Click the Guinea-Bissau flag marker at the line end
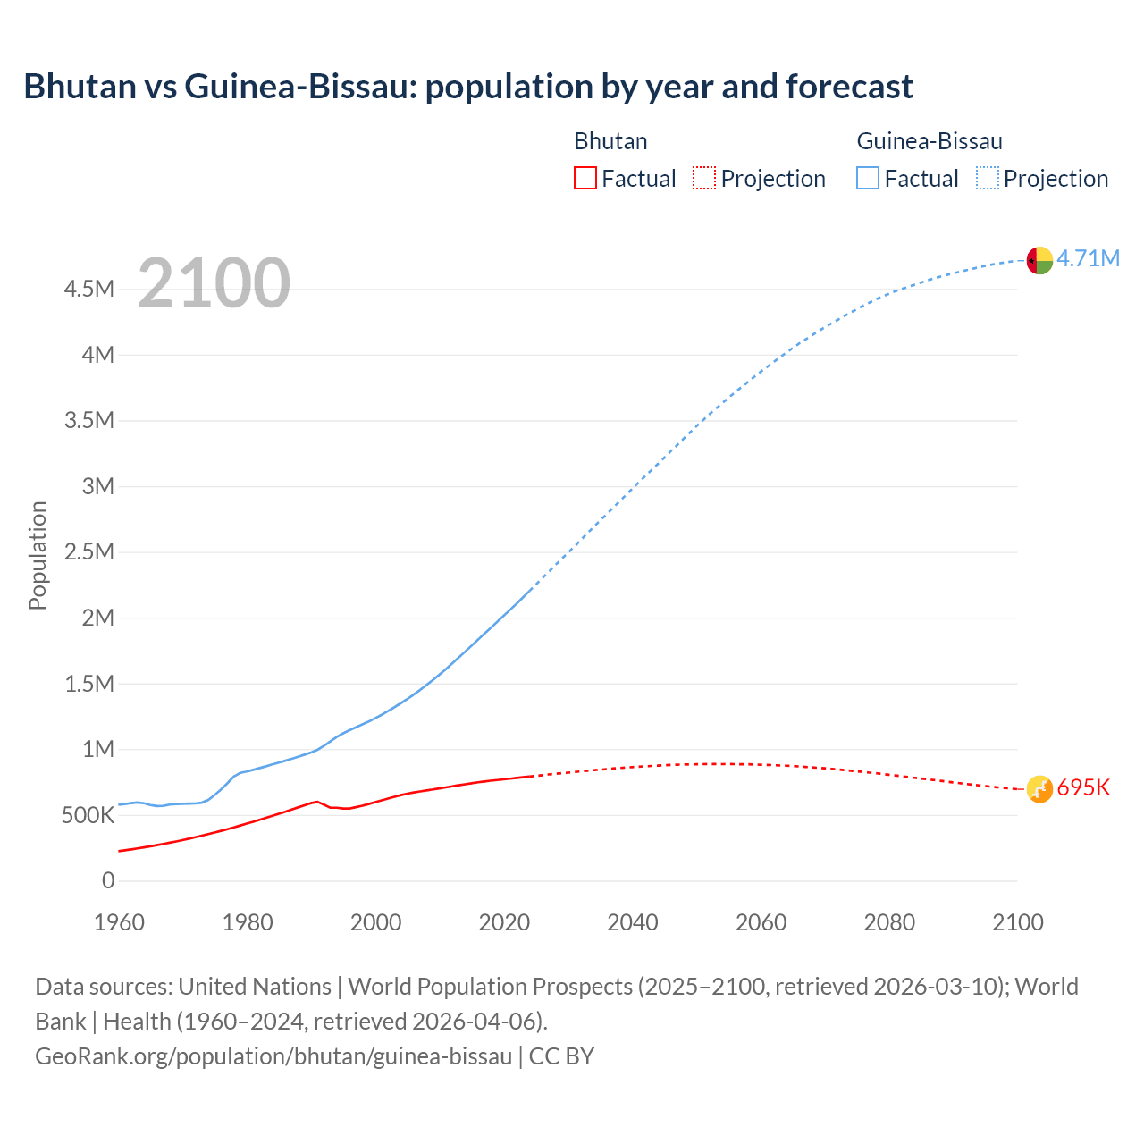tap(1039, 260)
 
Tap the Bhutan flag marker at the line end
tap(1039, 789)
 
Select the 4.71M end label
tap(1088, 259)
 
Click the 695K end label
tap(1083, 788)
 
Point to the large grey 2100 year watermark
tap(214, 283)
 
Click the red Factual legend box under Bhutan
tap(585, 178)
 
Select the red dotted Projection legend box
tap(704, 178)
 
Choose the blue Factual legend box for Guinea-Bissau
tap(868, 178)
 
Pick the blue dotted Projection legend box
tap(988, 178)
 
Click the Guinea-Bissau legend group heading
tap(929, 141)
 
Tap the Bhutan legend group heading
tap(610, 141)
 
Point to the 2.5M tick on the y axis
tap(89, 551)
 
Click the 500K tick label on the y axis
tap(88, 815)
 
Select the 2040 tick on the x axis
tap(633, 922)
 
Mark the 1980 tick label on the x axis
tap(248, 922)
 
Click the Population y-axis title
tap(38, 555)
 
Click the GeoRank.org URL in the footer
tap(273, 1056)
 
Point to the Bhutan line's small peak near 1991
tap(316, 802)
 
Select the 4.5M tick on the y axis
tap(89, 289)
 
